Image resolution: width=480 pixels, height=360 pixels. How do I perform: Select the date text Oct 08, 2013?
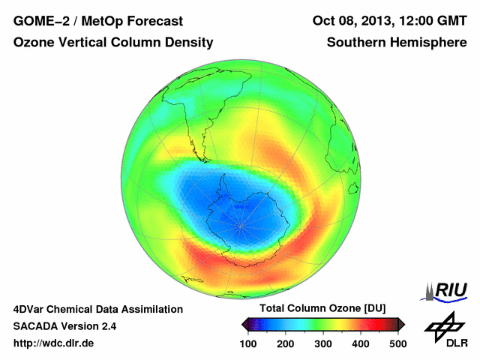point(349,20)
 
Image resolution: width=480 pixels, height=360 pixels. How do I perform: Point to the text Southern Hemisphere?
point(397,43)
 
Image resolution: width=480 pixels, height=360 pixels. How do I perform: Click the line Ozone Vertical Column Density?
point(112,43)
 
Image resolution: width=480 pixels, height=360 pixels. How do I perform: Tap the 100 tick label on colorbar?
point(248,343)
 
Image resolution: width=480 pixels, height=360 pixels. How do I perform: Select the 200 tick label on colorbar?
point(286,343)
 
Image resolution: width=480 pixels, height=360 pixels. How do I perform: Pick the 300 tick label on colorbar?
point(323,343)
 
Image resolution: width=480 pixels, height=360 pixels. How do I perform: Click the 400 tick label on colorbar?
point(361,343)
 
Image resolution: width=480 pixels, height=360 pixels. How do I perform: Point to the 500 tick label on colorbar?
point(397,343)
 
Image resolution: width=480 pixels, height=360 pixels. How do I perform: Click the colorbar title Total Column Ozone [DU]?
point(322,309)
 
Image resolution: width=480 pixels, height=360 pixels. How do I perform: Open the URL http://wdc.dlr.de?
point(54,343)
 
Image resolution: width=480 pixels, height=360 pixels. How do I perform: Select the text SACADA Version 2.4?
point(64,326)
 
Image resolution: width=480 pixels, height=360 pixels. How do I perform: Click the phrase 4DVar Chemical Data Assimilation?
point(97,309)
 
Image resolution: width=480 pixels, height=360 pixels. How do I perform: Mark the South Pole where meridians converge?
point(241,226)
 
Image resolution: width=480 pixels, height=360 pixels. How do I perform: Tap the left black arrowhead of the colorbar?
point(245,324)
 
